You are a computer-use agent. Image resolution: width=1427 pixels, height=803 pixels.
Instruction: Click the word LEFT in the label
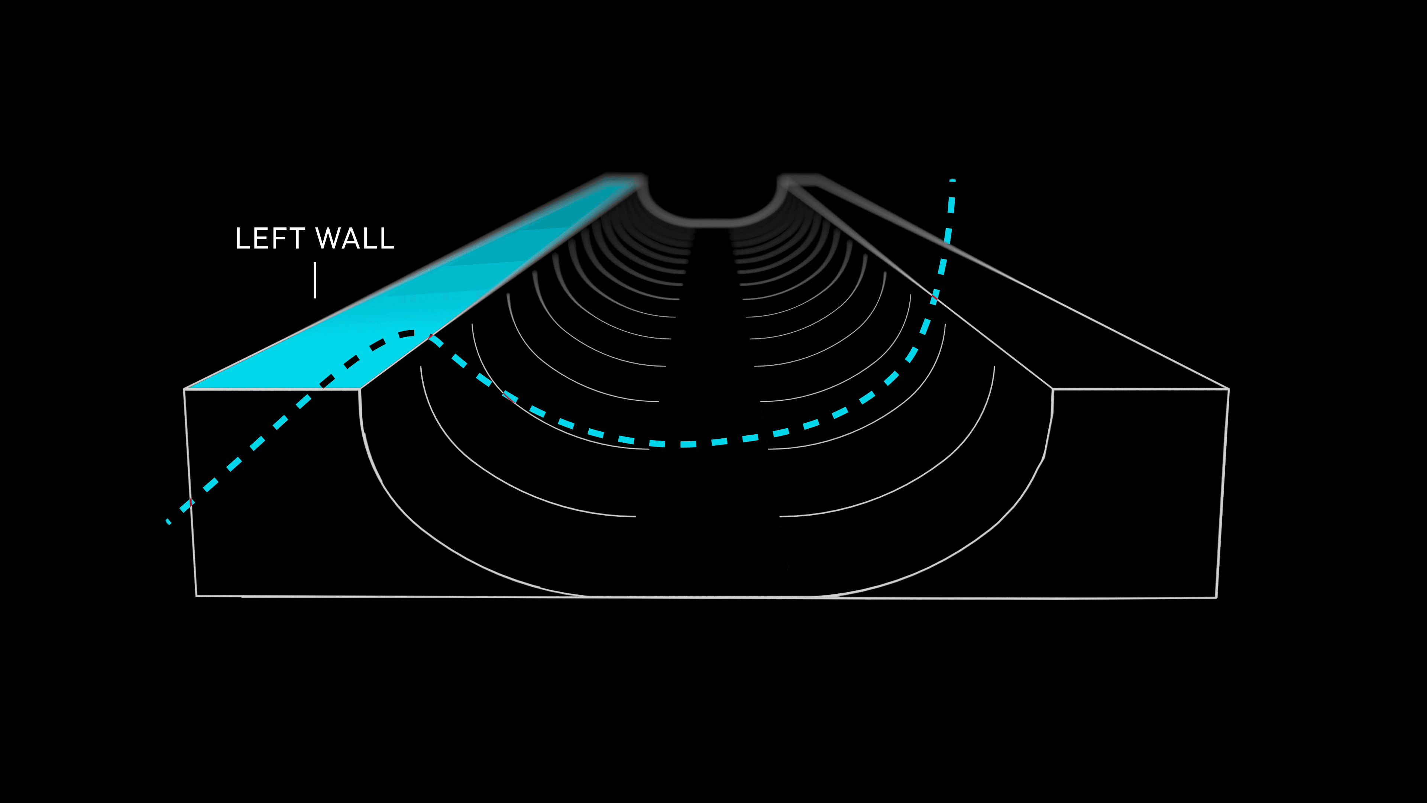coord(270,238)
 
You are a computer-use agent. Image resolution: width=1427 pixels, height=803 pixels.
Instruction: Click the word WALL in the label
coord(355,238)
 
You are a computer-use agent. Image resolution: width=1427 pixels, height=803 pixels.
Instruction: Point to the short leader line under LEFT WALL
coord(315,280)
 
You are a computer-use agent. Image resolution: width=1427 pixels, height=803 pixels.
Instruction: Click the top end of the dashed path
coord(952,181)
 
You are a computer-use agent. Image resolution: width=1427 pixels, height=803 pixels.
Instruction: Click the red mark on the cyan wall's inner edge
coord(430,336)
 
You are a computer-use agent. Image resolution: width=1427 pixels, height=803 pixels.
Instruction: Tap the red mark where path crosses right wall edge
coord(934,299)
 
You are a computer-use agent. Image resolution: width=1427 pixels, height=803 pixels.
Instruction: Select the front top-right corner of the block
coord(1229,389)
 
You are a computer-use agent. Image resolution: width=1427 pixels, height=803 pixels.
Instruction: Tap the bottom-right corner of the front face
coord(1216,597)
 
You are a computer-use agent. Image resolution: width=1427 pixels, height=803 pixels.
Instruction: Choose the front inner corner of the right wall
coord(1052,389)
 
